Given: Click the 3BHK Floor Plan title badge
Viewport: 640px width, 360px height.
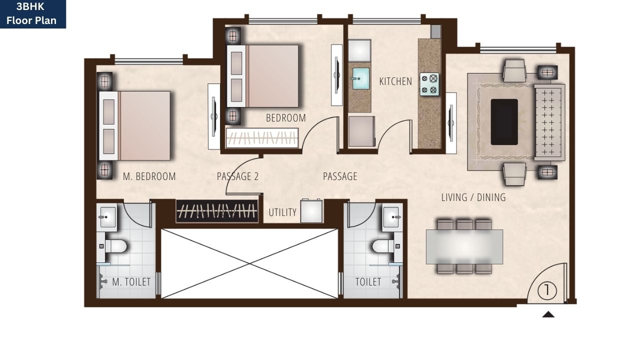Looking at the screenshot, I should click(x=33, y=14).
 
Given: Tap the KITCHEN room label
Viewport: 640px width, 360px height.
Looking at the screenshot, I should click(x=395, y=81).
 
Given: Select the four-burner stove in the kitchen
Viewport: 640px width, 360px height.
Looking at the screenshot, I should click(x=429, y=84).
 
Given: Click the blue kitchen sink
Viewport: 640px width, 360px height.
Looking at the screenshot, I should click(x=359, y=78).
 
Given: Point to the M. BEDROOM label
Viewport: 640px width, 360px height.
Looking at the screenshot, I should click(x=149, y=176).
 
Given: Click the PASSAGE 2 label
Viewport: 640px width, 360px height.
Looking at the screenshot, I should click(x=237, y=176).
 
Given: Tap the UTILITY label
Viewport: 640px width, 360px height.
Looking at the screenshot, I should click(x=282, y=212).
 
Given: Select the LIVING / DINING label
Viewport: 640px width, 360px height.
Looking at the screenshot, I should click(x=473, y=197).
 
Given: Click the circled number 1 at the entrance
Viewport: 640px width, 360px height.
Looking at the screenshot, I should click(x=548, y=290).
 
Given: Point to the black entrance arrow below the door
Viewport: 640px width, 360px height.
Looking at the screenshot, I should click(x=548, y=314).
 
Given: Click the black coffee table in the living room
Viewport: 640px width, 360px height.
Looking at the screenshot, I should click(x=504, y=122).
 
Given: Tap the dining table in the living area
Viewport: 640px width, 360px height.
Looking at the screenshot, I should click(x=464, y=246).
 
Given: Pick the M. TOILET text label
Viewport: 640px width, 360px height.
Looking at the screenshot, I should click(x=131, y=282).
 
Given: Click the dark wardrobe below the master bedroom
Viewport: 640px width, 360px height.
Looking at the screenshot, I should click(x=217, y=211).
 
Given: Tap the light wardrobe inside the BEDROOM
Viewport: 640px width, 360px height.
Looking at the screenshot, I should click(x=262, y=138).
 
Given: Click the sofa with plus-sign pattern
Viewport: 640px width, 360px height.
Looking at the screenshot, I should click(x=549, y=122).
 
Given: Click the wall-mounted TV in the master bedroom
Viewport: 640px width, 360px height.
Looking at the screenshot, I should click(x=214, y=116).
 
